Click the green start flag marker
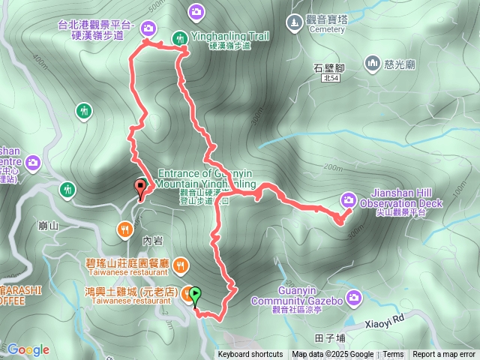click(x=196, y=295)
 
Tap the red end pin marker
click(x=139, y=187)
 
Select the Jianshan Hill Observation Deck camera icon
click(x=349, y=199)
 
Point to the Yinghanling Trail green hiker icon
click(x=180, y=37)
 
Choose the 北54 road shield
click(x=330, y=77)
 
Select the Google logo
click(x=28, y=349)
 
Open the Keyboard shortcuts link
click(x=250, y=355)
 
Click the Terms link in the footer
click(x=393, y=355)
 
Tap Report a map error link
click(x=444, y=355)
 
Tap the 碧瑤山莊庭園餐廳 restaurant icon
click(x=181, y=265)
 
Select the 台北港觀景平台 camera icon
click(x=148, y=29)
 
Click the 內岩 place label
click(x=152, y=241)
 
